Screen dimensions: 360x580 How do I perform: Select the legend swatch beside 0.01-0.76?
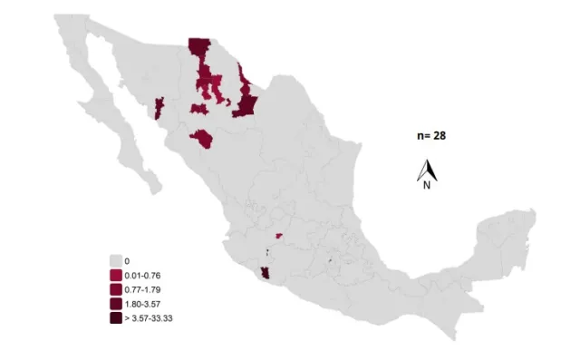point(115,275)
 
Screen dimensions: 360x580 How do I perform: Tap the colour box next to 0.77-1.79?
point(115,289)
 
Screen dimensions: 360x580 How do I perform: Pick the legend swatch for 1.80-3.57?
point(115,304)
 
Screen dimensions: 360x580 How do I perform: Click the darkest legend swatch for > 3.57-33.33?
point(115,318)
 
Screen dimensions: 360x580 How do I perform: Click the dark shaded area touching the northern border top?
point(198,49)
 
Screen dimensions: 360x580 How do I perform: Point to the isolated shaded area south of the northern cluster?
point(201,139)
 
